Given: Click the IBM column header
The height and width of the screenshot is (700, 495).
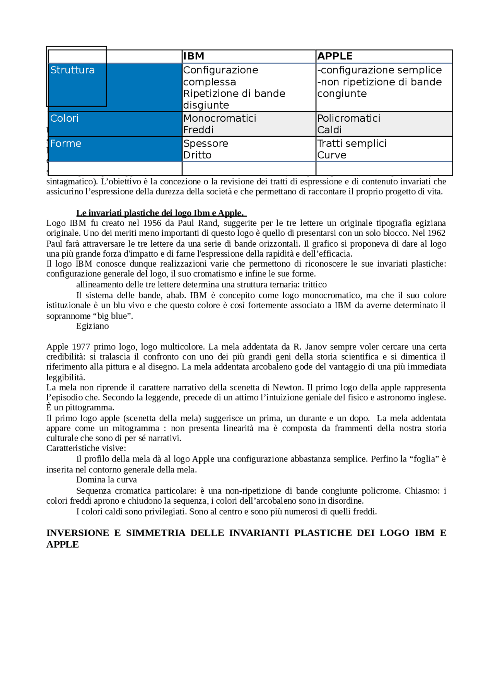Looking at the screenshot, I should click(x=193, y=56).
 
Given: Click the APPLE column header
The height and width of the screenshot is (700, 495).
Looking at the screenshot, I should click(x=335, y=56).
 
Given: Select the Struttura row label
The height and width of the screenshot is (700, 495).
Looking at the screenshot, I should click(x=72, y=70).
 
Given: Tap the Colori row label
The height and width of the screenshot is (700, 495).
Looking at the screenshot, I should click(x=64, y=119).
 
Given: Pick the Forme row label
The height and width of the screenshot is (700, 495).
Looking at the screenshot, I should click(x=66, y=144).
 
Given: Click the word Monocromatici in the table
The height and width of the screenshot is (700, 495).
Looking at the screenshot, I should click(x=219, y=119).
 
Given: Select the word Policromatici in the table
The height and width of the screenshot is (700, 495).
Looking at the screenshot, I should click(x=348, y=119).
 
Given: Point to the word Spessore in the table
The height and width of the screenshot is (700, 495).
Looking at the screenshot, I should click(x=205, y=144).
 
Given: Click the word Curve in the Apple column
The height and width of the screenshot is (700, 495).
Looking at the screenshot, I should click(x=331, y=155).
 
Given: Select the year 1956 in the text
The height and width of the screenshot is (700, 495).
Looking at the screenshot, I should click(x=152, y=223).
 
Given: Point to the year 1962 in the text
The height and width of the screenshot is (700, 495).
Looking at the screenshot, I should click(x=436, y=233).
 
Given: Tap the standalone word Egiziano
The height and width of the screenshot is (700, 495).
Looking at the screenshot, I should click(x=92, y=326).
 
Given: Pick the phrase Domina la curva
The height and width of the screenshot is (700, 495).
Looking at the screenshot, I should click(x=106, y=480).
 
